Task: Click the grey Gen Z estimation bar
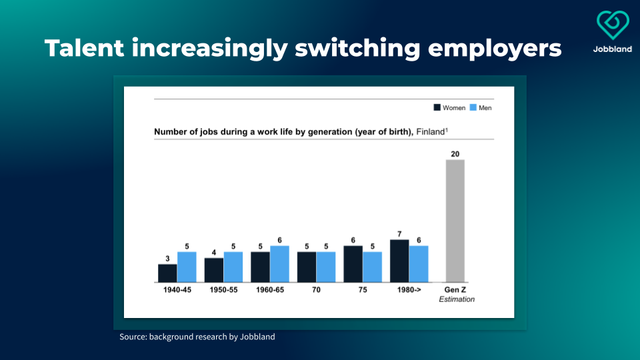(x=455, y=221)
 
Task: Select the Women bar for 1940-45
(x=167, y=273)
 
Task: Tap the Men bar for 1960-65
(x=280, y=263)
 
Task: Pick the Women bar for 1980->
(x=399, y=261)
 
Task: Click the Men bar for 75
(x=373, y=267)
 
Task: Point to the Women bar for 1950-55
(x=214, y=270)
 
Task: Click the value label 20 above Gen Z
(x=455, y=154)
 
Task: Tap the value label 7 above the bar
(x=399, y=234)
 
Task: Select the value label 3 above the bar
(x=167, y=259)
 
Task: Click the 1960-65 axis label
(x=270, y=290)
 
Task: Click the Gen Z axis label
(x=456, y=290)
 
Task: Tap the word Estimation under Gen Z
(x=457, y=299)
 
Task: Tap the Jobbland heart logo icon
(x=613, y=25)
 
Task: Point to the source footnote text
(x=197, y=337)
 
